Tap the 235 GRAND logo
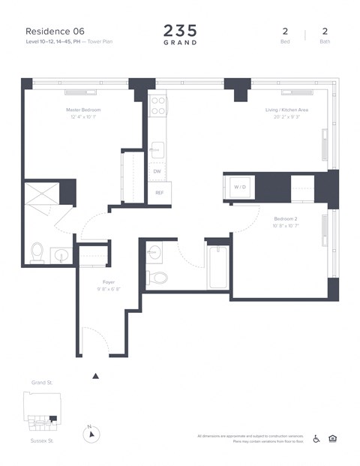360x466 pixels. (x=180, y=35)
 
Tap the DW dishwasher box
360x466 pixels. (x=157, y=171)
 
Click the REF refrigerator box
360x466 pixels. (x=159, y=193)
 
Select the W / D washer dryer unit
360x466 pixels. (x=240, y=186)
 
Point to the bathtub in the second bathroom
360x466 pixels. (x=217, y=268)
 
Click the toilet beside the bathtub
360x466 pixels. (x=158, y=278)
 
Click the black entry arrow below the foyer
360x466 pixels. (x=94, y=375)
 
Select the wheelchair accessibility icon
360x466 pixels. (x=316, y=439)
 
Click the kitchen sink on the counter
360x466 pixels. (x=157, y=148)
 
